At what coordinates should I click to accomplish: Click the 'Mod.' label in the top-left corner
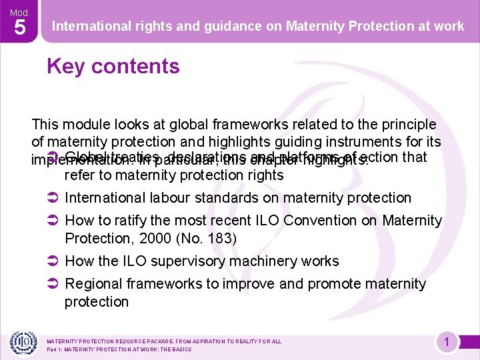pos(19,11)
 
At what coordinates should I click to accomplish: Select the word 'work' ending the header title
pos(449,26)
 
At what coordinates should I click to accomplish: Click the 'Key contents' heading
pos(113,67)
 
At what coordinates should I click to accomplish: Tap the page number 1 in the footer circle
pos(447,343)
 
